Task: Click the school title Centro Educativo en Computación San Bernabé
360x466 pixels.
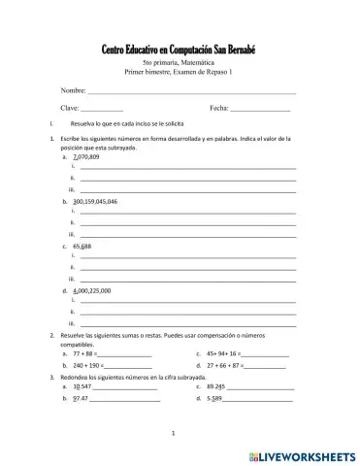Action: tap(179, 50)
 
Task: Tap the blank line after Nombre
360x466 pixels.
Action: tap(191, 91)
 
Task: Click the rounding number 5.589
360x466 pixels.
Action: tap(214, 399)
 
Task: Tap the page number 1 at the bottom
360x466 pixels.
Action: tap(172, 432)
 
